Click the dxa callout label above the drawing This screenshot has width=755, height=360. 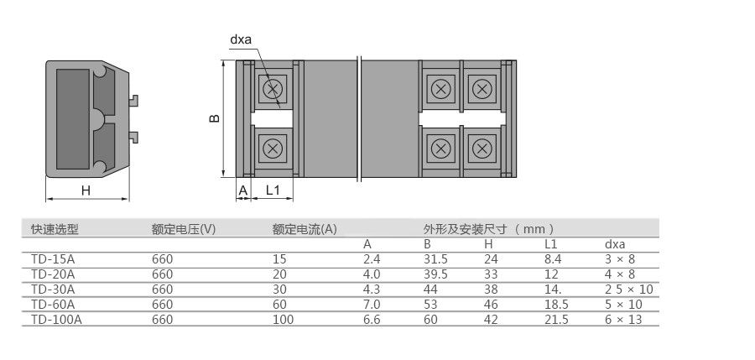click(241, 39)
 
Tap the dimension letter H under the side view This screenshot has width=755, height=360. click(86, 190)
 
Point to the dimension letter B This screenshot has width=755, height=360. click(215, 118)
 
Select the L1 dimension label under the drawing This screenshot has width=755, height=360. click(273, 190)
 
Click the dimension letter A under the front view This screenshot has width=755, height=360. click(243, 190)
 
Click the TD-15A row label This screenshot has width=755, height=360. click(53, 259)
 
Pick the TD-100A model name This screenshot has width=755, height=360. click(56, 320)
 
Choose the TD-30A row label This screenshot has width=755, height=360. click(53, 290)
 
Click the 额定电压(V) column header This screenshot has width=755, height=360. click(184, 229)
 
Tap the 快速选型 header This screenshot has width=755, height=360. click(55, 229)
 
